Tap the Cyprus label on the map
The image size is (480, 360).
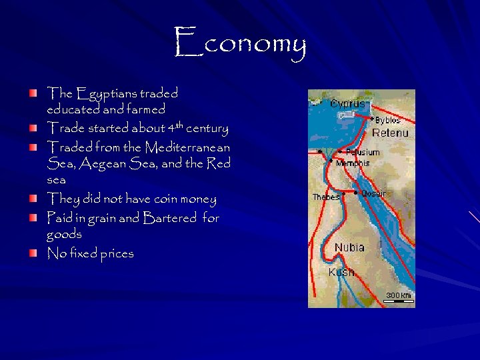tap(348, 104)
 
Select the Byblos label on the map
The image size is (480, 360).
tap(387, 121)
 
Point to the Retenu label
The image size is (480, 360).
tap(390, 133)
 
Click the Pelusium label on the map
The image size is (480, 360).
tap(363, 153)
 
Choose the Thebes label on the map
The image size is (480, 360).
tap(326, 197)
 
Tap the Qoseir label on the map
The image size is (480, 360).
tap(374, 194)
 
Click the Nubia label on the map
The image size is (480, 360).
tap(349, 247)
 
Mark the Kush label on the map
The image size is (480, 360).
tap(341, 273)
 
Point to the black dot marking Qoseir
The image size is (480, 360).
tap(357, 193)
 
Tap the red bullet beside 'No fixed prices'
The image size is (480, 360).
tap(33, 253)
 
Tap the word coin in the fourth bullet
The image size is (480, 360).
tap(171, 199)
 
